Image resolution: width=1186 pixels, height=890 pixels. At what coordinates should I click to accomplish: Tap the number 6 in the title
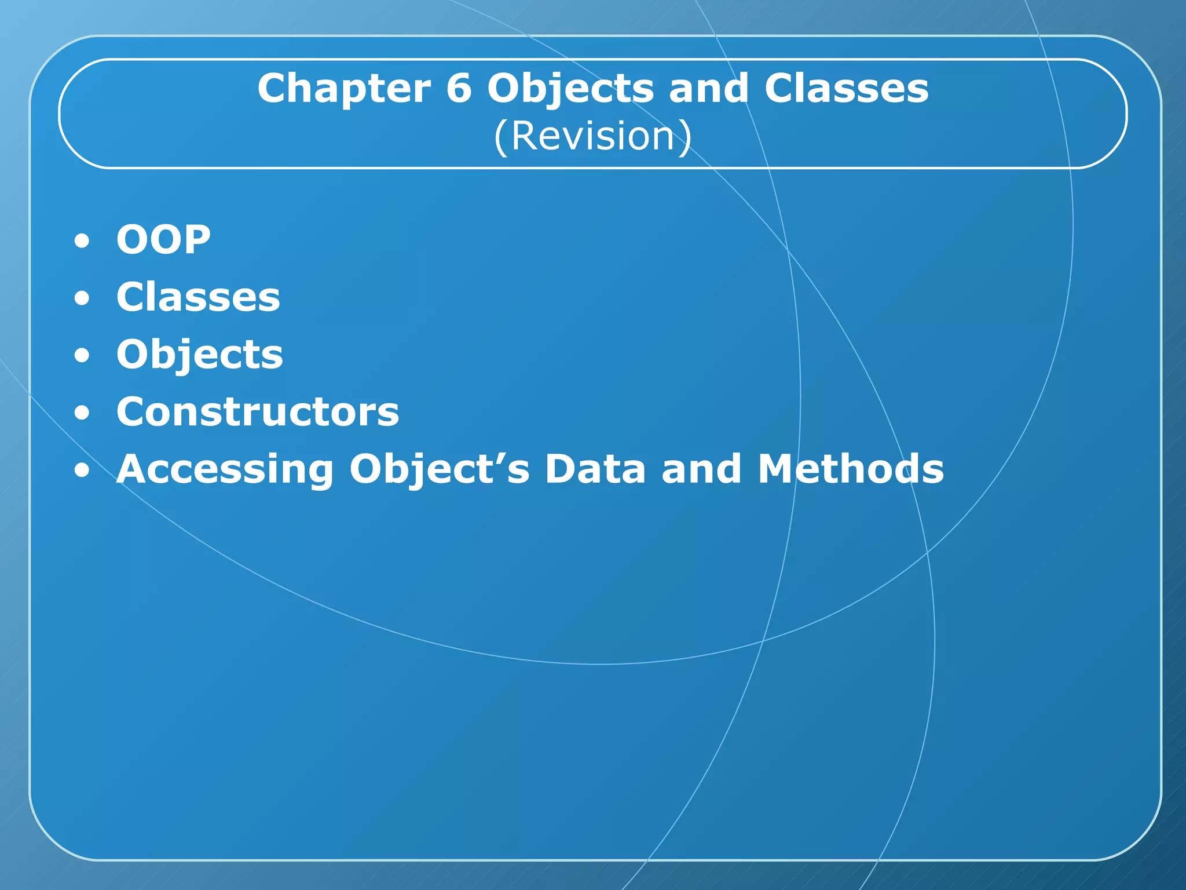[459, 89]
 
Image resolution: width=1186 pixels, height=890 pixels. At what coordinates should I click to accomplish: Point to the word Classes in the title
[846, 89]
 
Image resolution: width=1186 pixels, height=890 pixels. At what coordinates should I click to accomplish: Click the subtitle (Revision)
[592, 136]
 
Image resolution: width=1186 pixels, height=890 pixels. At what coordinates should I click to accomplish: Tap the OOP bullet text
[163, 239]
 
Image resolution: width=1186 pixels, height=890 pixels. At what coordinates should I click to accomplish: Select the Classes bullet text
[198, 297]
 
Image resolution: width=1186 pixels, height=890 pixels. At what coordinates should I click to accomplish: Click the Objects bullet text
[200, 355]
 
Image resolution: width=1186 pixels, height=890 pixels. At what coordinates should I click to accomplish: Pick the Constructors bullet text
[258, 411]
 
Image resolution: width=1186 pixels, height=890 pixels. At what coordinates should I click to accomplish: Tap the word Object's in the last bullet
[440, 469]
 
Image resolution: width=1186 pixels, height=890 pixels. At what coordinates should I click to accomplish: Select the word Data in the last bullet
[595, 468]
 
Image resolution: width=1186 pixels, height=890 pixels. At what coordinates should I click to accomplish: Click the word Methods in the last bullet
[851, 468]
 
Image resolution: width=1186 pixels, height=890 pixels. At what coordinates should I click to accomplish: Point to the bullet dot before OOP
[82, 241]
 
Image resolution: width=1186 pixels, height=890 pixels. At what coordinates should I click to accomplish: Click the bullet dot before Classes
[82, 298]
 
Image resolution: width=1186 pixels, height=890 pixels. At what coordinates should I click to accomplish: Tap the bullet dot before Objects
[82, 356]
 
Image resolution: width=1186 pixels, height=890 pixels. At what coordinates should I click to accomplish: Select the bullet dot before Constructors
[82, 413]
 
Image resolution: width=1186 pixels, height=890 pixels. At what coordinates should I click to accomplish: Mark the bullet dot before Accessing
[82, 470]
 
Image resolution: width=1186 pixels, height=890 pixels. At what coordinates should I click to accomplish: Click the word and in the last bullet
[701, 468]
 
